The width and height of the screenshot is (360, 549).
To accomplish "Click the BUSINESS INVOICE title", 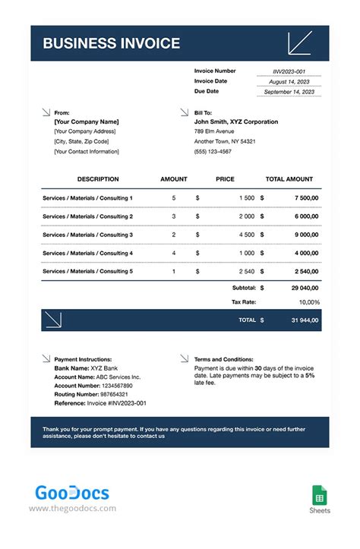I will click(111, 43).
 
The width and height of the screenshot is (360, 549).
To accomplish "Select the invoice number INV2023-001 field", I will click(289, 71).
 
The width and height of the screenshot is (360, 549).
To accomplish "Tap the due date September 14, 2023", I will click(289, 92).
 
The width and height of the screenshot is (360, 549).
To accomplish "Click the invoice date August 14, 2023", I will click(289, 81).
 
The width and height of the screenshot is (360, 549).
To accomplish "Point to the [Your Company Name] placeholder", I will click(87, 121).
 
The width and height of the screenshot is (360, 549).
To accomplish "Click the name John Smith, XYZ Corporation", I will click(236, 121).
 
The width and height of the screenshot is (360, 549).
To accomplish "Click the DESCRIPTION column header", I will click(98, 179).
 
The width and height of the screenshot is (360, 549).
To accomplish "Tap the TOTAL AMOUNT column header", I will click(289, 179).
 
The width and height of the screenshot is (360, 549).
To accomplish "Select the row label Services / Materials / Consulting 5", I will click(87, 271).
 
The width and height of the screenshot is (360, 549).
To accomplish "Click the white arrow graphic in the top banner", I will click(299, 43).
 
